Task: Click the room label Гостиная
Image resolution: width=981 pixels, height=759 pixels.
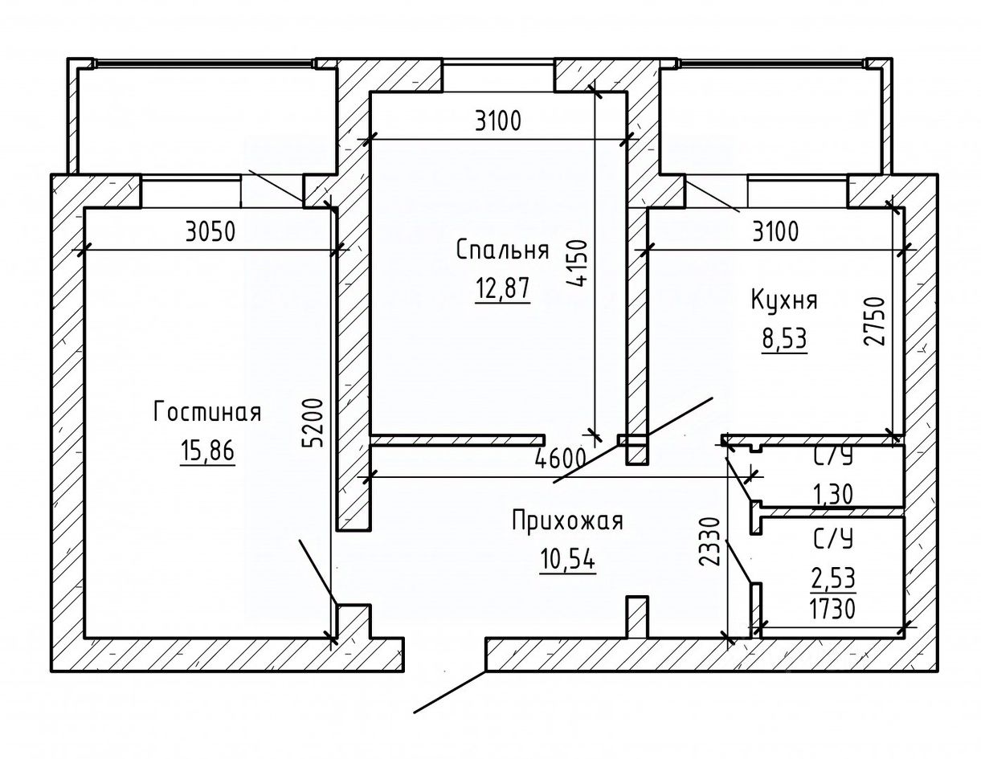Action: (x=207, y=413)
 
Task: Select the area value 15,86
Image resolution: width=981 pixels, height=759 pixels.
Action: (x=207, y=451)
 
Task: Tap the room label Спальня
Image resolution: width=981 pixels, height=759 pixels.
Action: (x=502, y=250)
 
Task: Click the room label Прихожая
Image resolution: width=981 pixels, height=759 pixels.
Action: (x=568, y=521)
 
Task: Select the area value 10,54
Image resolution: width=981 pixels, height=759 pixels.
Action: (x=568, y=559)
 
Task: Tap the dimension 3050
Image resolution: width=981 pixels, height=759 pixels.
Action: (x=209, y=232)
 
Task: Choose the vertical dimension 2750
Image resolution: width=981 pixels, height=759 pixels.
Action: (x=877, y=320)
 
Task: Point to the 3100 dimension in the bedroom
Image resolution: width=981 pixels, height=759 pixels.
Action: (x=497, y=122)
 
